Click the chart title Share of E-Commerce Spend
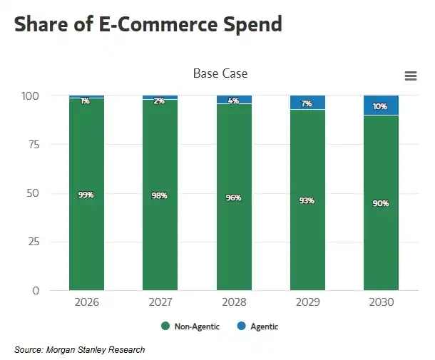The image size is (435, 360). [x=148, y=24]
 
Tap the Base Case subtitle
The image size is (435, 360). [x=220, y=73]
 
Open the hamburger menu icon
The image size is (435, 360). [x=410, y=76]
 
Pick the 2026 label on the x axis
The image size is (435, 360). [x=86, y=302]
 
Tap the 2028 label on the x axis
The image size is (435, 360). [x=234, y=302]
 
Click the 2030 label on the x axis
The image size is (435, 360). [x=381, y=302]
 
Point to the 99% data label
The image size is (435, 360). [x=86, y=195]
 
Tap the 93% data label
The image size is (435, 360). [x=307, y=200]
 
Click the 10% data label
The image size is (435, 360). [x=381, y=106]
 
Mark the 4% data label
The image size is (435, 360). [x=234, y=101]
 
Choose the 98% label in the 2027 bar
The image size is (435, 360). [x=160, y=195]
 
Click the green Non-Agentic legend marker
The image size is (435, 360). [x=165, y=326]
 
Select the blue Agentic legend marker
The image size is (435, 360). [x=241, y=326]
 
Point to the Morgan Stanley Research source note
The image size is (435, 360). [x=80, y=349]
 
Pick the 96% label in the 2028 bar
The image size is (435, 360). [x=234, y=197]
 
